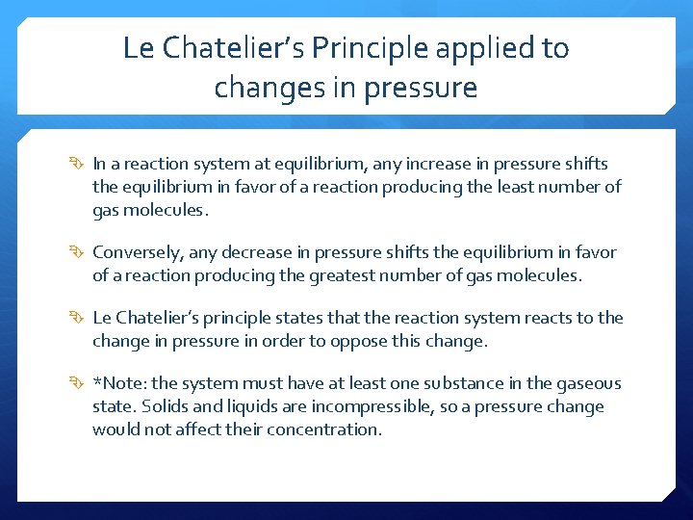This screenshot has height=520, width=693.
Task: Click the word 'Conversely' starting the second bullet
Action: (134, 252)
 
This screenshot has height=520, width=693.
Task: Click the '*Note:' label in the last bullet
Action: (118, 383)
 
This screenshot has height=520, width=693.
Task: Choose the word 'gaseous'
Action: (591, 383)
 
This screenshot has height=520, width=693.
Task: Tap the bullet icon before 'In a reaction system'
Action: (79, 165)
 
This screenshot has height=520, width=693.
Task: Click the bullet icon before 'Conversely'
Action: (79, 253)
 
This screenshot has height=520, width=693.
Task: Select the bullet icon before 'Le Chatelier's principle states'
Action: (79, 319)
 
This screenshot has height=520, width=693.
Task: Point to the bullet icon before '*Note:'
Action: (79, 384)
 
